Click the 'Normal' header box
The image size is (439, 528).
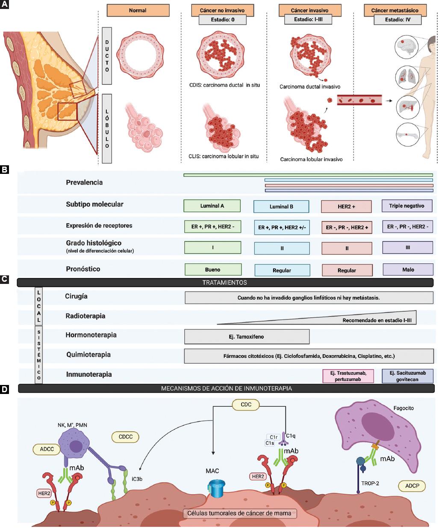pyautogui.click(x=138, y=10)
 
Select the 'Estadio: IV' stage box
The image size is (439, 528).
pyautogui.click(x=397, y=19)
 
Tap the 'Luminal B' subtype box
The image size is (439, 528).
pyautogui.click(x=281, y=206)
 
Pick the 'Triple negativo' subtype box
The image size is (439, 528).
pyautogui.click(x=407, y=206)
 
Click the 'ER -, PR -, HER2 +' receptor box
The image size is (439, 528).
pyautogui.click(x=347, y=227)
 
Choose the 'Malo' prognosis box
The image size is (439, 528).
pyautogui.click(x=408, y=269)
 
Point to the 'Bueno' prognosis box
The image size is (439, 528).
pyautogui.click(x=212, y=269)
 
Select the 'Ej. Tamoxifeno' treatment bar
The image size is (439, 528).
pyautogui.click(x=247, y=337)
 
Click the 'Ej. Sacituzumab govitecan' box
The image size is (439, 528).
pyautogui.click(x=407, y=376)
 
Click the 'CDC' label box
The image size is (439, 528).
pyautogui.click(x=246, y=404)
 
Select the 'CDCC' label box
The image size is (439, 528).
pyautogui.click(x=126, y=437)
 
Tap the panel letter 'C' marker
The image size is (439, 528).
pyautogui.click(x=4, y=279)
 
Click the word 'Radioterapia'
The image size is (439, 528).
pyautogui.click(x=85, y=316)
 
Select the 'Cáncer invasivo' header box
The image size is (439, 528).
pyautogui.click(x=309, y=10)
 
